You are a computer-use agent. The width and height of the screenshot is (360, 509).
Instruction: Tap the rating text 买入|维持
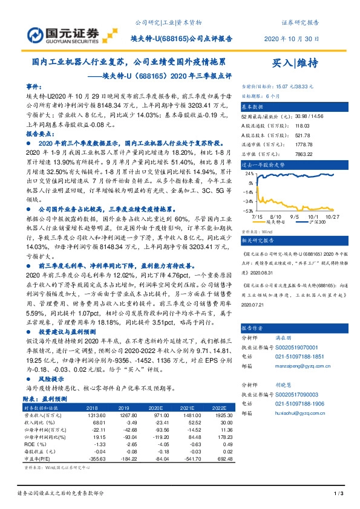(x=295, y=62)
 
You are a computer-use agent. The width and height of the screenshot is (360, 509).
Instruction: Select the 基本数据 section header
(x=255, y=106)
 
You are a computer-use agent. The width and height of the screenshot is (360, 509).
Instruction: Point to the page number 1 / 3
(x=338, y=495)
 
